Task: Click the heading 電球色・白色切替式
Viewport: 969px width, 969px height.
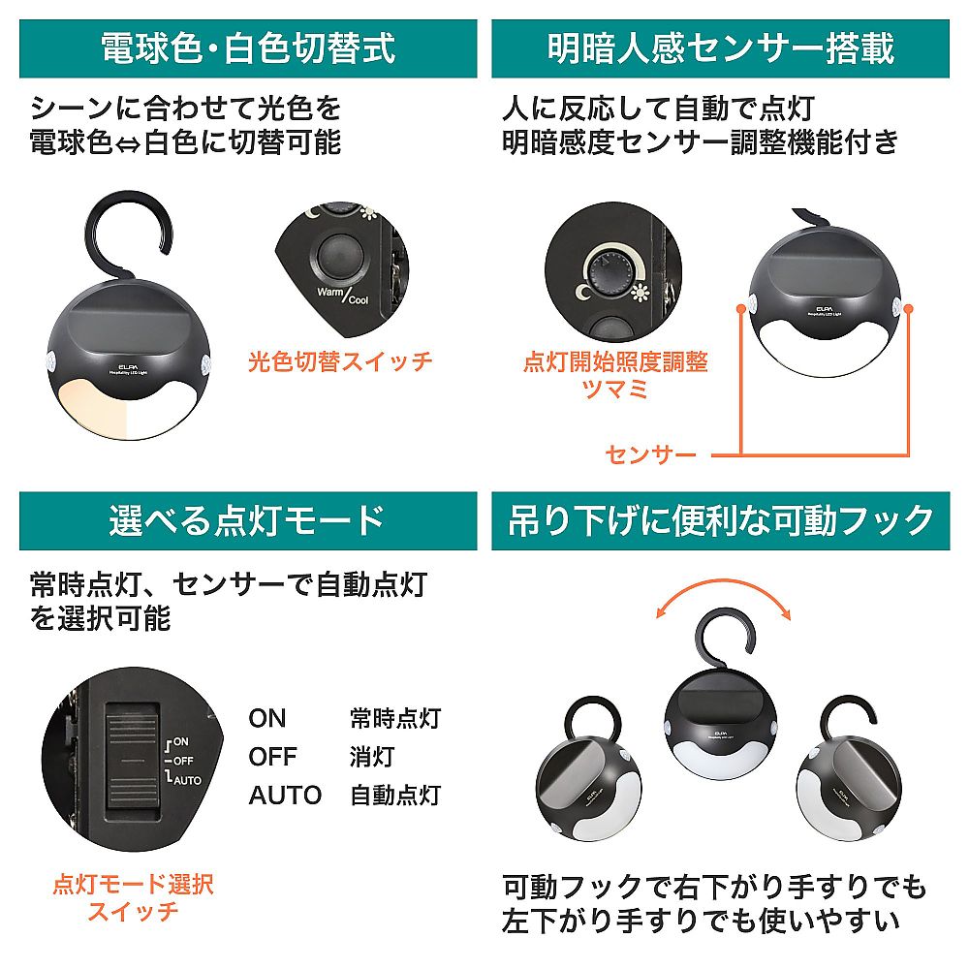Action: pos(248,48)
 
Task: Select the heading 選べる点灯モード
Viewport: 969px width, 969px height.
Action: pos(248,520)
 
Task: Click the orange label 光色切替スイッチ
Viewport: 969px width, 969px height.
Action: pos(339,362)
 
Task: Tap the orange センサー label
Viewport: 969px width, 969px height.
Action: pos(651,453)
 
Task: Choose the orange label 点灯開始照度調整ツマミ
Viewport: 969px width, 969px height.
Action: pos(615,374)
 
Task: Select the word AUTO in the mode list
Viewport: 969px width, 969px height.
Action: pos(285,796)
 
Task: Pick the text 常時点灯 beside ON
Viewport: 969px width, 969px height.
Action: pos(395,718)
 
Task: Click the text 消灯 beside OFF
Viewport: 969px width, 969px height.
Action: pos(373,757)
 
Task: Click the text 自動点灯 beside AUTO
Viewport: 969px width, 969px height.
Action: pos(395,796)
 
